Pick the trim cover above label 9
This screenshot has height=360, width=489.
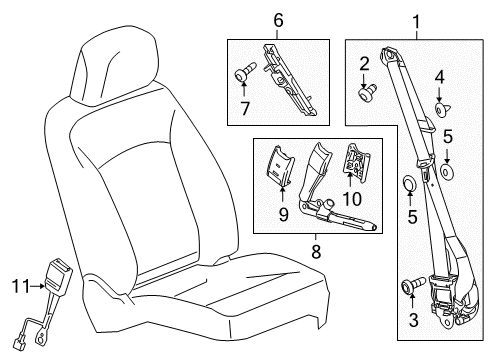coord(282,164)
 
